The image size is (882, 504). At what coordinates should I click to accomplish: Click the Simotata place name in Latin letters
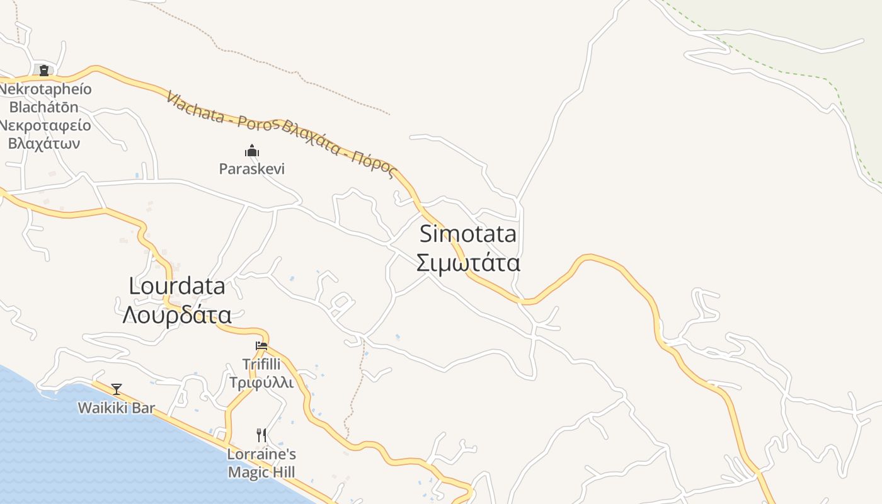467,234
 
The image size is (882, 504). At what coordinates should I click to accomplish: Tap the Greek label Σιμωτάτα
467,263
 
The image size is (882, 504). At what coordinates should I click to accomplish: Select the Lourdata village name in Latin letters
176,287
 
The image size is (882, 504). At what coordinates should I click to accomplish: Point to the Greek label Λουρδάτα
176,314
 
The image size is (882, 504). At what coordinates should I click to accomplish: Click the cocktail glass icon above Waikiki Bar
116,389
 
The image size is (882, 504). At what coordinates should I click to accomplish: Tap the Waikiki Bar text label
116,408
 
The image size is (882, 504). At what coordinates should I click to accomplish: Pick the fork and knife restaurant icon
261,435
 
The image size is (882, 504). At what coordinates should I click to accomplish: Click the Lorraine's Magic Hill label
261,463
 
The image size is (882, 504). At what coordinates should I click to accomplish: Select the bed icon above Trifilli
261,345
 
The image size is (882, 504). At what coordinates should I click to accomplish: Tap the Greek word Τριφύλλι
261,382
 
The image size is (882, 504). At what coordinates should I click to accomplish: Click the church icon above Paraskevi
252,151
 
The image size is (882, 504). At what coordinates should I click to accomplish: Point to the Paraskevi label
252,169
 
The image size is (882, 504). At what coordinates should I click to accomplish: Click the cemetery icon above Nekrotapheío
44,71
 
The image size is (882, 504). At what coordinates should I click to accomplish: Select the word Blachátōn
44,106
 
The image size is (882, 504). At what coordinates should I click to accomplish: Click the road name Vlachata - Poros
220,112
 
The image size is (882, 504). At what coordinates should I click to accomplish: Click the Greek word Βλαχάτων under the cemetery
44,143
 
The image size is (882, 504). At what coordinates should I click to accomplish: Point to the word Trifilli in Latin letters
261,364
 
